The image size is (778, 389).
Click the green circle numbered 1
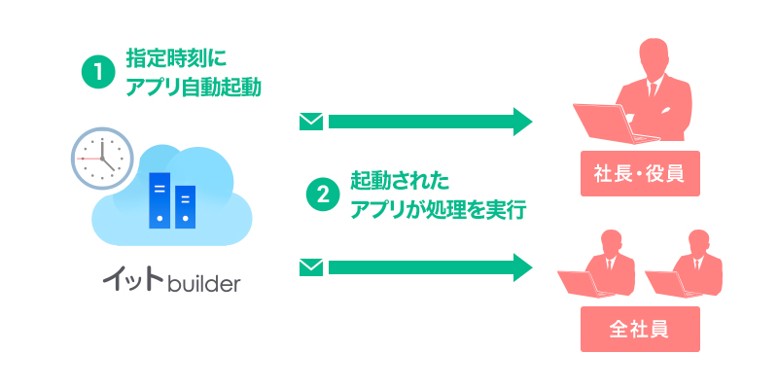click(x=98, y=72)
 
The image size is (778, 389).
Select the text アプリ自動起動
click(x=194, y=87)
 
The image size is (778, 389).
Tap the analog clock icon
click(x=101, y=157)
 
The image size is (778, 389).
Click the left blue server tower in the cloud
click(x=159, y=199)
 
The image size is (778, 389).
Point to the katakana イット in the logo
click(x=133, y=282)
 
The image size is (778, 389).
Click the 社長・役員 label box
click(x=639, y=174)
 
